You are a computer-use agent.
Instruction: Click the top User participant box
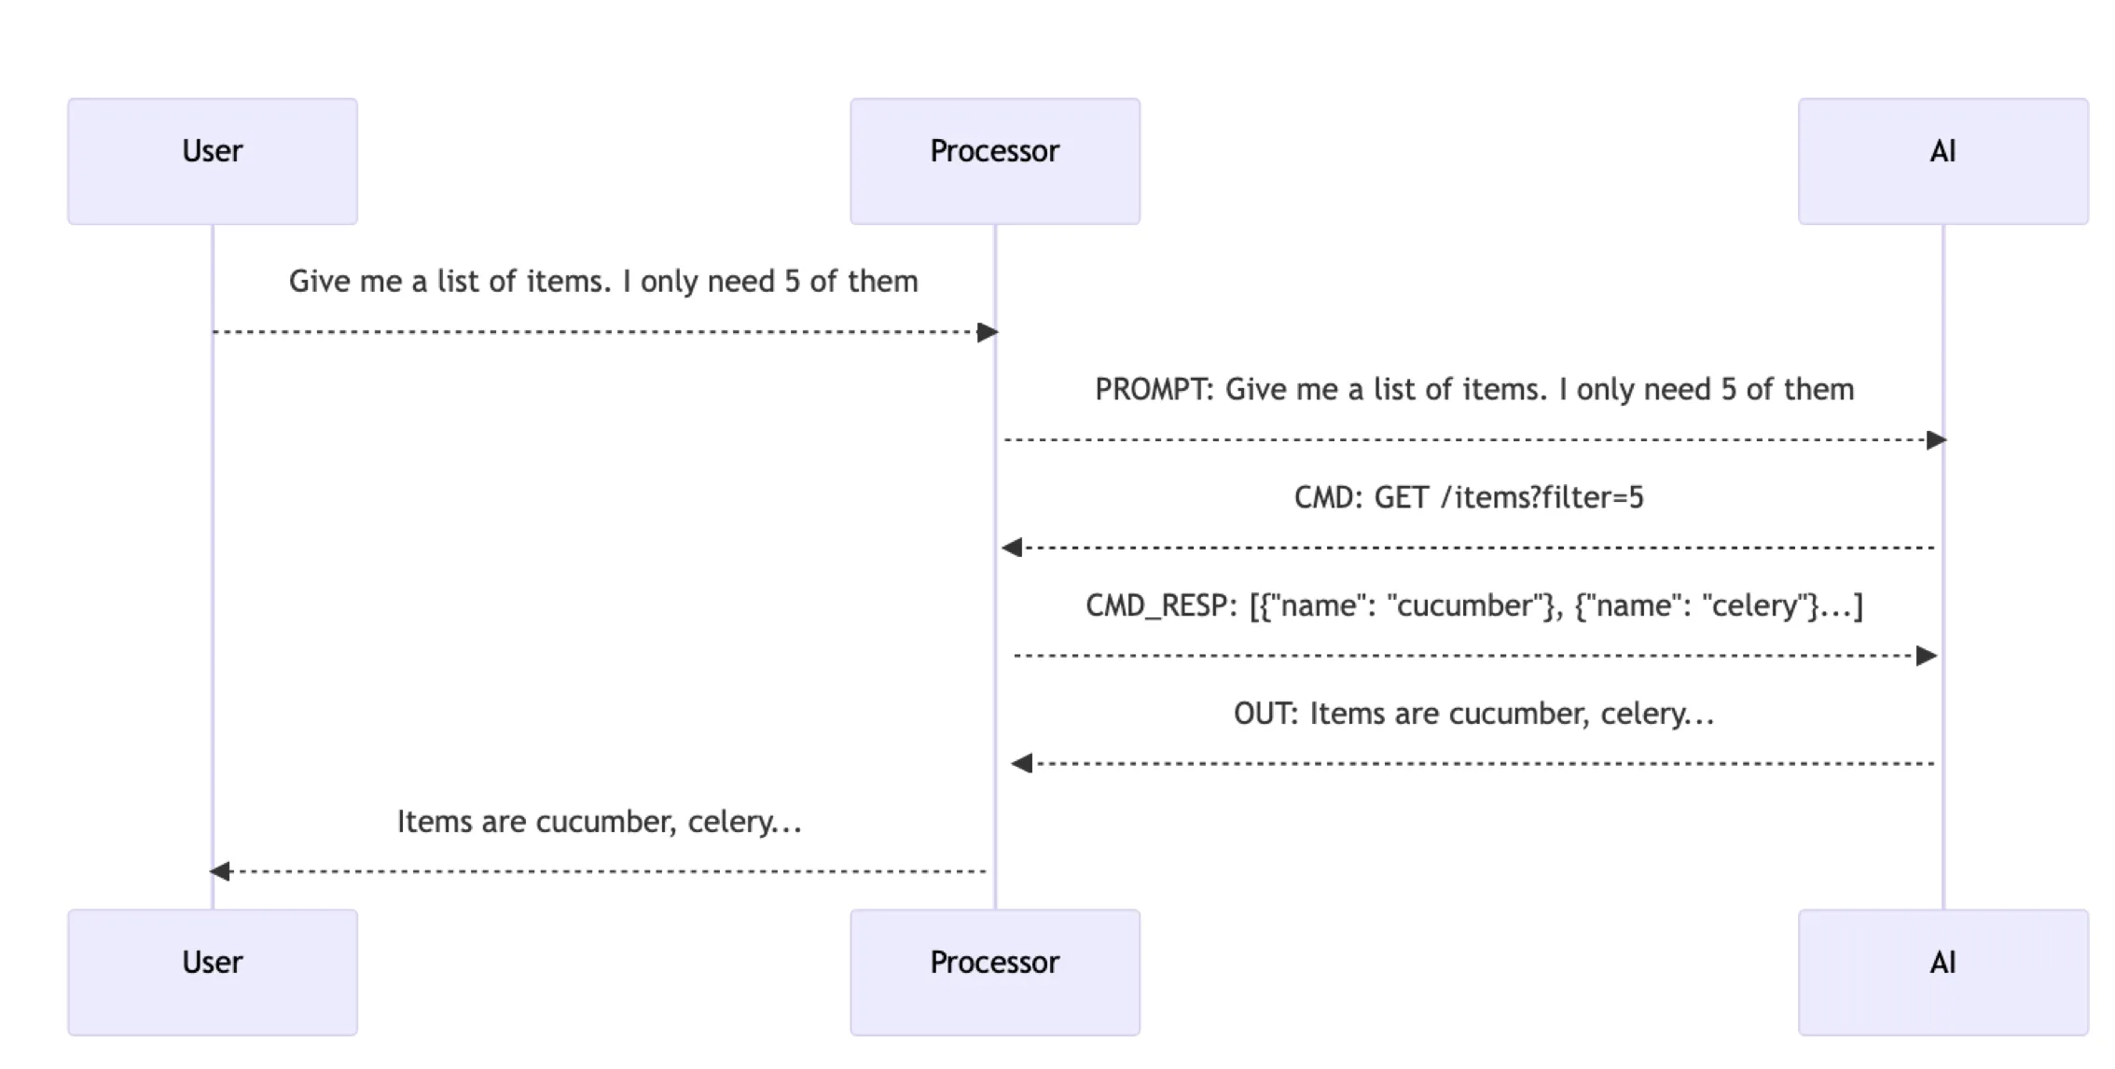213,161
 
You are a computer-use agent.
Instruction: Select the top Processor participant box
994,161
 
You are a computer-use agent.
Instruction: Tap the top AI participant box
1942,161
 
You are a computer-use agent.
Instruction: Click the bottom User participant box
213,972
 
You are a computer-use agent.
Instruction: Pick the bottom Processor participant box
994,972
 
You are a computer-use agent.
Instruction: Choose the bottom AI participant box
1942,972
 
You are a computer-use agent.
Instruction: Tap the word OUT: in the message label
1265,715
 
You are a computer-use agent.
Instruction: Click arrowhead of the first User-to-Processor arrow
988,332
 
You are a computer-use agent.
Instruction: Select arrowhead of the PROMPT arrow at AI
1936,440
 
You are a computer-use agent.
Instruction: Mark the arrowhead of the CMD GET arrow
1013,548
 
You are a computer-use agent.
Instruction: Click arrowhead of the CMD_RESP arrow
1927,656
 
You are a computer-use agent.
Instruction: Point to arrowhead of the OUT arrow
1022,764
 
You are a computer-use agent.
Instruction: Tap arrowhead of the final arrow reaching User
220,871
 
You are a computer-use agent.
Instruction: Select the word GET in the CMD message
1401,498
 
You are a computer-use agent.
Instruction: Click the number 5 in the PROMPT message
1728,390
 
